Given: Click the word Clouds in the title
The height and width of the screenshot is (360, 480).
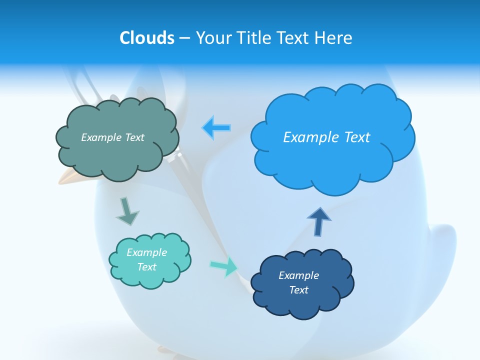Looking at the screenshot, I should [147, 38].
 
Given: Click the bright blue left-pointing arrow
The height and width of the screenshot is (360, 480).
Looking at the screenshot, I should [216, 128].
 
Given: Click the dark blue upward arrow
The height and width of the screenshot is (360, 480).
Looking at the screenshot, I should [319, 221].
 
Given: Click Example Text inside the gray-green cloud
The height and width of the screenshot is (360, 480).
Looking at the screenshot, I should [112, 137].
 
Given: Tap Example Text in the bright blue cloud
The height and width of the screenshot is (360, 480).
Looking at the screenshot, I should [326, 137].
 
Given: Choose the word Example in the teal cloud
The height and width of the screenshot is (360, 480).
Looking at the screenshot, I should [147, 252].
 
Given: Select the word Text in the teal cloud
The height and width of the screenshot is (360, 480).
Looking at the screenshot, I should [147, 267].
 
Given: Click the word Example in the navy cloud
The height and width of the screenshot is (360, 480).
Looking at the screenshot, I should [298, 275].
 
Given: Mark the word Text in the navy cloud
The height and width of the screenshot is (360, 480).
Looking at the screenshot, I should [298, 290].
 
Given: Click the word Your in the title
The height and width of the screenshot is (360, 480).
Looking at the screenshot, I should [211, 38].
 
